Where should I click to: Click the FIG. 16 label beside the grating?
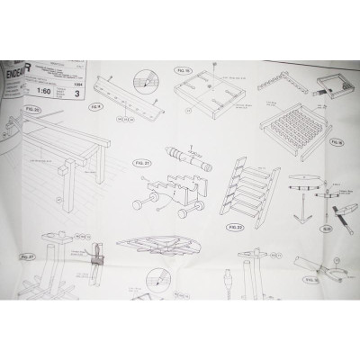[337, 142]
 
